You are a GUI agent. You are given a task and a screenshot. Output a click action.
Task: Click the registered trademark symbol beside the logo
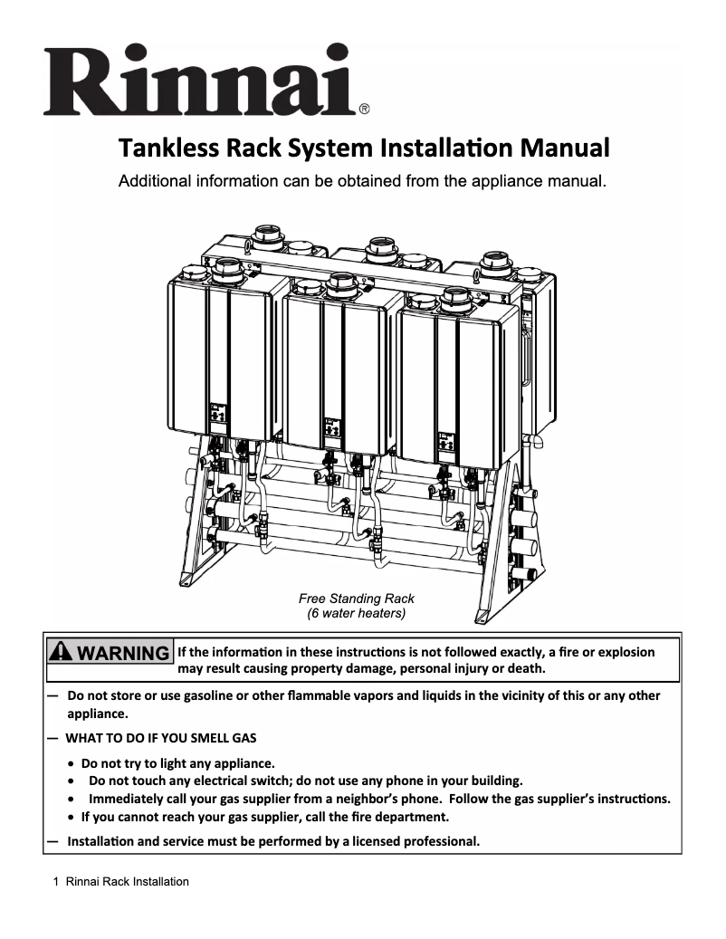(x=363, y=110)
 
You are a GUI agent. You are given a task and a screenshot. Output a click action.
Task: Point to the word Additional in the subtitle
(x=158, y=181)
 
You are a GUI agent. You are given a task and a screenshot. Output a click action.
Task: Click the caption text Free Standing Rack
(x=356, y=599)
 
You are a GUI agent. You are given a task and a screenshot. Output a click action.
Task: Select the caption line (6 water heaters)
(x=356, y=613)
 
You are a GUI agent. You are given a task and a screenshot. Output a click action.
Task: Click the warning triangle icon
(x=62, y=653)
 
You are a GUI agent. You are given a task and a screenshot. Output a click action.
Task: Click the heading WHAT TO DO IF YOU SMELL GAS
(x=160, y=738)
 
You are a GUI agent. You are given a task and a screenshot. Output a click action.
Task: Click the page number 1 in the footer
(x=56, y=882)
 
